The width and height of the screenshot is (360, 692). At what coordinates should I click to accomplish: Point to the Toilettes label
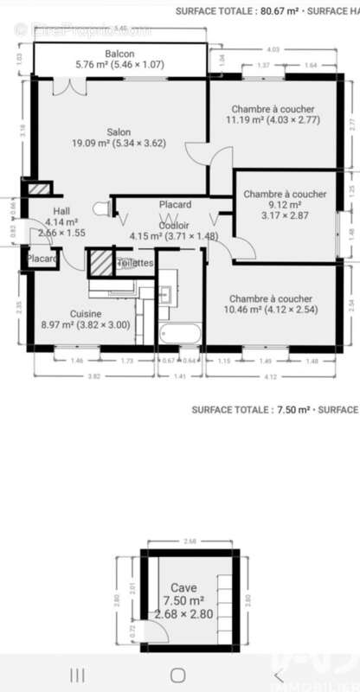(x=135, y=263)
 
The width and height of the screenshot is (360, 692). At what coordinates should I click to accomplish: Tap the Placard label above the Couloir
(x=175, y=204)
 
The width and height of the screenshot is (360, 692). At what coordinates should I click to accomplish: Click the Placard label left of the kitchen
(x=41, y=259)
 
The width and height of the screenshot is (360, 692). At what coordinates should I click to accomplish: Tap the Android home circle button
(x=179, y=675)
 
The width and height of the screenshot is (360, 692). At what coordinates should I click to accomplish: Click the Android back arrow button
(x=279, y=675)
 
